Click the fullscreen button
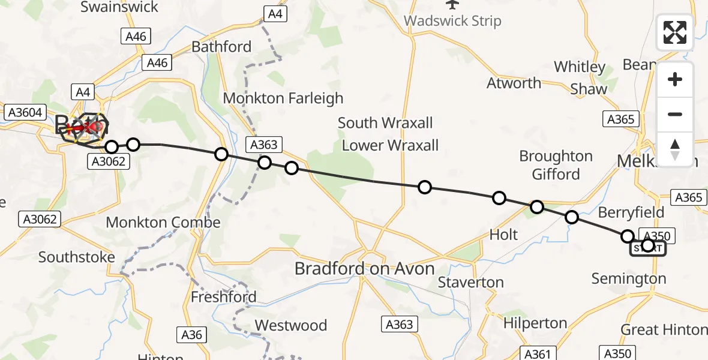[x=675, y=32]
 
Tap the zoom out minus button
[x=675, y=114]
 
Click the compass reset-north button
[x=675, y=149]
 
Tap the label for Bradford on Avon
[x=364, y=269]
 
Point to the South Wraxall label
[x=385, y=123]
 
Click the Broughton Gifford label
[x=556, y=165]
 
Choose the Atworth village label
[x=514, y=83]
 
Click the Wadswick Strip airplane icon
[x=452, y=5]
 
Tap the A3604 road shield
[x=23, y=112]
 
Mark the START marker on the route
[x=647, y=247]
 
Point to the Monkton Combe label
[x=163, y=222]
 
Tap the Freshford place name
[x=223, y=296]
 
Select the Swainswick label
[x=119, y=7]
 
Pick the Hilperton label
[x=535, y=323]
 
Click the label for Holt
[x=503, y=235]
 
